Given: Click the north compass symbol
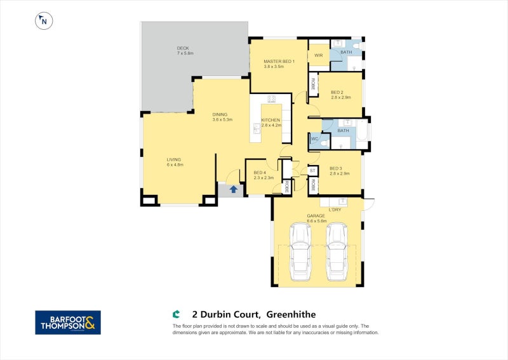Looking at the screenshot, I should point(44,20).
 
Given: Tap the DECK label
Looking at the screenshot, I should point(183,48).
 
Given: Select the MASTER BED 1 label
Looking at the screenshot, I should point(279,61).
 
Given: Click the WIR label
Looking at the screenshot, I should point(319,55).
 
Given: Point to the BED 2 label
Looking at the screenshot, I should point(337,92).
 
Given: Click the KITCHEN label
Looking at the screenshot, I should point(271,119).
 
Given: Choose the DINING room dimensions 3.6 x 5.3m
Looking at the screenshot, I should point(222,119).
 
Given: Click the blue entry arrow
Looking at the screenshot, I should point(234,189).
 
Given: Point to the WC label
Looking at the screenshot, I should point(314,139).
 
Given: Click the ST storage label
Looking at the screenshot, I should point(312,171).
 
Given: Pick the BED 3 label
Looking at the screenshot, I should point(337,168).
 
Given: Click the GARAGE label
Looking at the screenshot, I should point(316,216).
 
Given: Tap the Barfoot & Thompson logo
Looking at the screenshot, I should point(67,322).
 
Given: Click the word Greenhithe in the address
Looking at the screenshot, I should point(291,314).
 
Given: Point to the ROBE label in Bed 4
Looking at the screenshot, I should point(287,186).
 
